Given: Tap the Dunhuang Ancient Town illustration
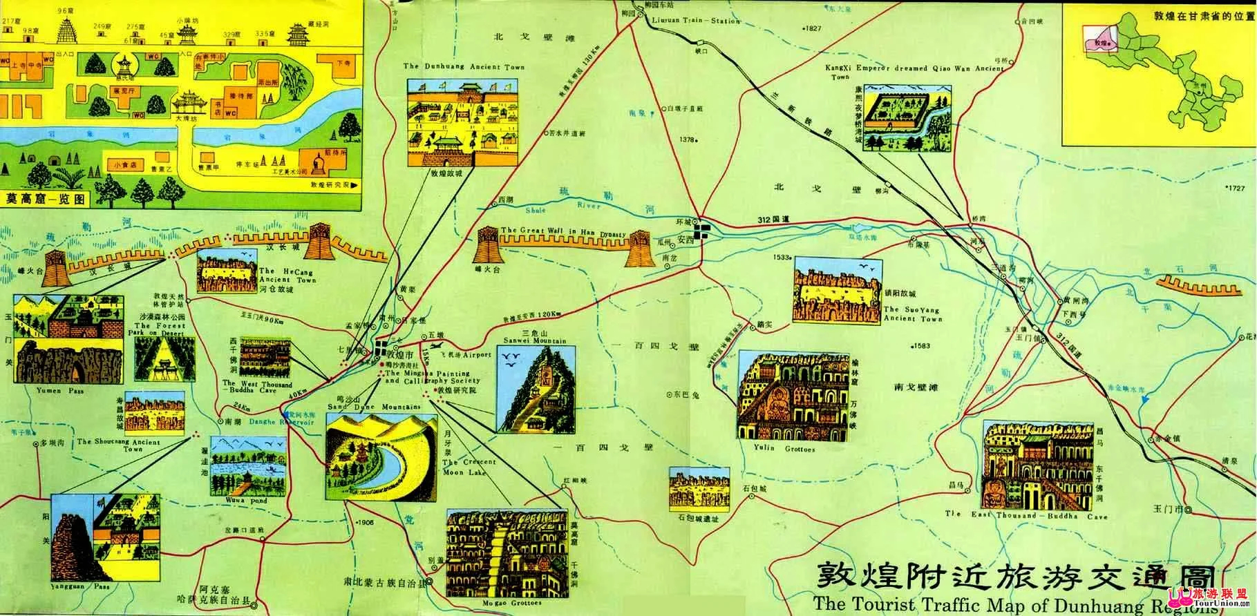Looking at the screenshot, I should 462,122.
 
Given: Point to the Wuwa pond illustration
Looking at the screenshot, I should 247,465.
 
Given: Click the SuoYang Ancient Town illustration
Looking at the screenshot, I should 838,290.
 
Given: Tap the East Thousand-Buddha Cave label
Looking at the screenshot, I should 1026,516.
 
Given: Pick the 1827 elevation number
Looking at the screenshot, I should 812,28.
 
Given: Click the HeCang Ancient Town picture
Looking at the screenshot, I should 225,272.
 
